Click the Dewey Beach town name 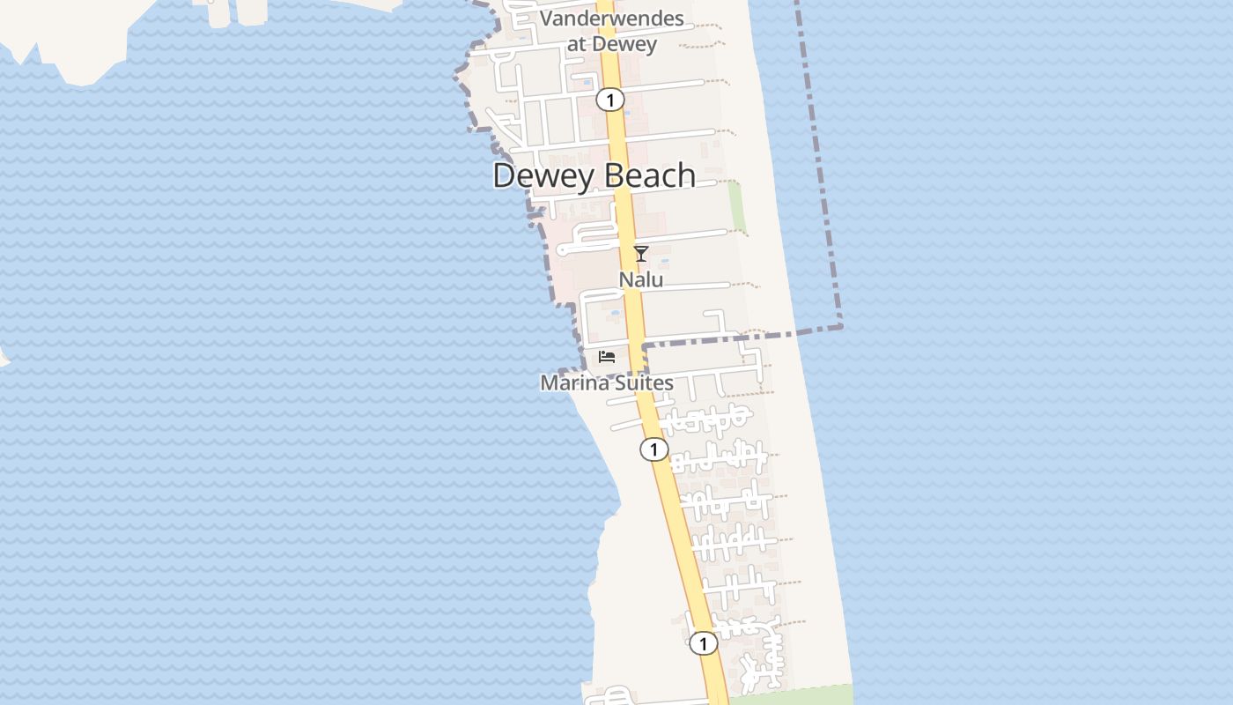pyautogui.click(x=594, y=175)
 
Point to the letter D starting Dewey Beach pyautogui.click(x=503, y=175)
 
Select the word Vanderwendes pyautogui.click(x=611, y=19)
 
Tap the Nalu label pyautogui.click(x=640, y=279)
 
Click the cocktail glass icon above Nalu pyautogui.click(x=641, y=254)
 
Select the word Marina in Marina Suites pyautogui.click(x=571, y=382)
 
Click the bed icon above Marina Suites pyautogui.click(x=606, y=357)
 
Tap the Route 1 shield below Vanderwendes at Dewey pyautogui.click(x=609, y=100)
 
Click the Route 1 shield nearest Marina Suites pyautogui.click(x=653, y=449)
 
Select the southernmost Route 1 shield pyautogui.click(x=703, y=644)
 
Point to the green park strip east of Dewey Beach pyautogui.click(x=735, y=207)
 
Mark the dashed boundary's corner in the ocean pyautogui.click(x=841, y=327)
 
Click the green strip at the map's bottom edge pyautogui.click(x=793, y=694)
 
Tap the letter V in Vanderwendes pyautogui.click(x=546, y=19)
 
